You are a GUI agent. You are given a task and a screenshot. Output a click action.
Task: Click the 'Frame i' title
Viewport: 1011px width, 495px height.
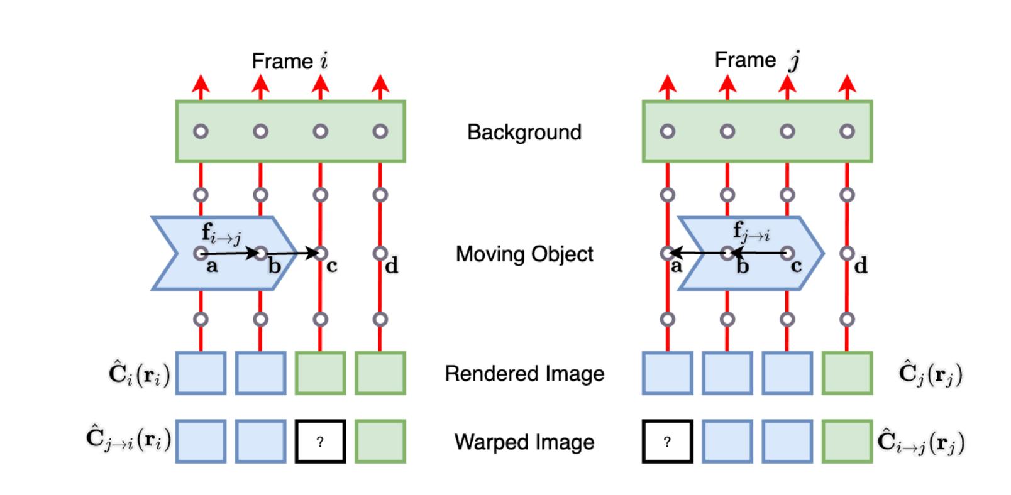pos(289,61)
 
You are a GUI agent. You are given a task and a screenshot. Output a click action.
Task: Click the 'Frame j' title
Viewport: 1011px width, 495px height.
pos(756,60)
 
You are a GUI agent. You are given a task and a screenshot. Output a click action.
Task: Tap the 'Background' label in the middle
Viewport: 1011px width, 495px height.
pos(524,132)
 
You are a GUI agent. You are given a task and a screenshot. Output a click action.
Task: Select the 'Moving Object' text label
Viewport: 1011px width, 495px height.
pos(524,254)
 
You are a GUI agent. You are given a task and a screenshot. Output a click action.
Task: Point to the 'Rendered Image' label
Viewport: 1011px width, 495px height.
pos(524,374)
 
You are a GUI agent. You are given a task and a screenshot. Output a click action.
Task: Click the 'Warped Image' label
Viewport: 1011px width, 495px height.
pos(524,442)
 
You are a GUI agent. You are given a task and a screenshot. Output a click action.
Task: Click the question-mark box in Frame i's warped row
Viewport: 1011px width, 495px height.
pos(320,442)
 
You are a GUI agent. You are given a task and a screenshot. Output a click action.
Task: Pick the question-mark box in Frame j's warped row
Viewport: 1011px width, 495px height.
pos(667,442)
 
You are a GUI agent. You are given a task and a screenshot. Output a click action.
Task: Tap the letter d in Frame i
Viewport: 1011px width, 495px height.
pos(392,266)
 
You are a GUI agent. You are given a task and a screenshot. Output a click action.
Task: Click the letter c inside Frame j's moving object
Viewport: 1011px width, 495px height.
pos(796,266)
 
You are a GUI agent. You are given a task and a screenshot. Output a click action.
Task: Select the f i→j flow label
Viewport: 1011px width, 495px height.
pos(221,233)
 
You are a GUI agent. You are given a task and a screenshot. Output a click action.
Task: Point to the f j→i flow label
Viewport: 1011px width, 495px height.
pos(751,232)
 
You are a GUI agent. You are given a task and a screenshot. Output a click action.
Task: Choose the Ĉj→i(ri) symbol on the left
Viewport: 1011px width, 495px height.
pos(128,438)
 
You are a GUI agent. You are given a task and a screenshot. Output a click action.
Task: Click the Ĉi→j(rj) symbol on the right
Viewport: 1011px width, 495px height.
pos(920,442)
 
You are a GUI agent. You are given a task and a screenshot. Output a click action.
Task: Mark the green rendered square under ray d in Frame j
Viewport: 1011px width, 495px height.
pos(846,373)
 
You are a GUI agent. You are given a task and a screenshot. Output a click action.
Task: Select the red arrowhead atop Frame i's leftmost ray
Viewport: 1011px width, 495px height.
pos(201,84)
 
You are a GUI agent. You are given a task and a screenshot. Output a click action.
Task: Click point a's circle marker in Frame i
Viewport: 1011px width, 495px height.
pos(201,253)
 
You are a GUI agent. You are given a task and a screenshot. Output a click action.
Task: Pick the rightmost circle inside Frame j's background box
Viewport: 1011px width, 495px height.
pos(847,131)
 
